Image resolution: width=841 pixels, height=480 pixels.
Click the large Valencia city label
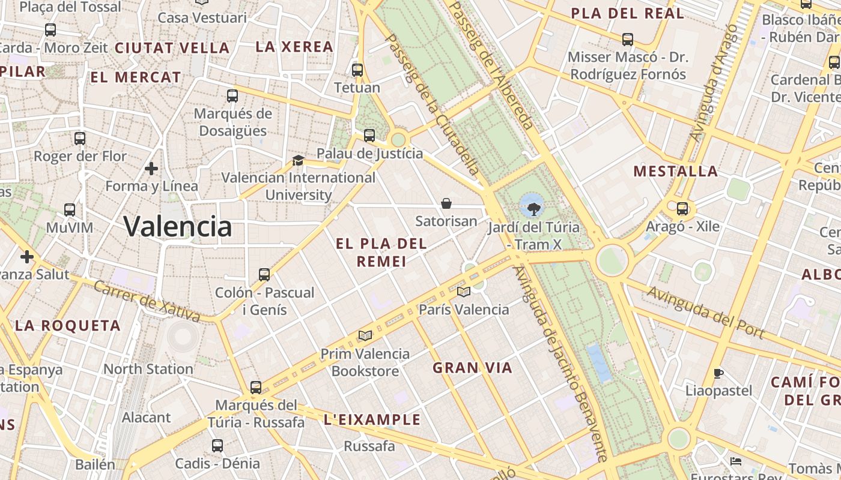tap(177, 226)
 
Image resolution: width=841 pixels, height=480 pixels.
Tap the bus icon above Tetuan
tap(357, 70)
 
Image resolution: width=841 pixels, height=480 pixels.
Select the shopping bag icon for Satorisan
tap(446, 203)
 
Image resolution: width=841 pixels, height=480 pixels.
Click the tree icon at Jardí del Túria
tap(533, 209)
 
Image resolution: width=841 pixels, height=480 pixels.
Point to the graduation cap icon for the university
tap(298, 160)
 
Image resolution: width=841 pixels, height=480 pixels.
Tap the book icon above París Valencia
tap(463, 292)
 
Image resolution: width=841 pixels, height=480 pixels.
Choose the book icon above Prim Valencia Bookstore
tap(365, 335)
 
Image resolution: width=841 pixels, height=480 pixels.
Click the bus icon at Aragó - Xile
tap(682, 209)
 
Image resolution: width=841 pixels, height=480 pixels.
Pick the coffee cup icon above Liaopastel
tap(718, 373)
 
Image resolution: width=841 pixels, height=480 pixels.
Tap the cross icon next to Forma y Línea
tap(151, 168)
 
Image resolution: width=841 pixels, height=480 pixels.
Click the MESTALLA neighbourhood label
tap(676, 172)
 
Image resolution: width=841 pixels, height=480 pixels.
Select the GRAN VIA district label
tap(473, 368)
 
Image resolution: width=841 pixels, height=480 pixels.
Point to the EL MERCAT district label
tap(136, 77)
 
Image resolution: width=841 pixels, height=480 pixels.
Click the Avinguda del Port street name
tap(705, 312)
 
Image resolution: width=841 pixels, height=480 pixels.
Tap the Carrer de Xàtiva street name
tap(147, 301)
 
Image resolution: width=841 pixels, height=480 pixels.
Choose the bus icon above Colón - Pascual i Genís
tap(264, 275)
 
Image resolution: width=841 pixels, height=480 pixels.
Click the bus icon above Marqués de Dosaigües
tap(232, 95)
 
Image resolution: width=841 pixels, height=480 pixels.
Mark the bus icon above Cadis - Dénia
tap(217, 446)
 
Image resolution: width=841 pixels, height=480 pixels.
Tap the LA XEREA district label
tap(294, 47)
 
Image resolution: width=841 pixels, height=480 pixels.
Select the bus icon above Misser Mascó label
tap(628, 40)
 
